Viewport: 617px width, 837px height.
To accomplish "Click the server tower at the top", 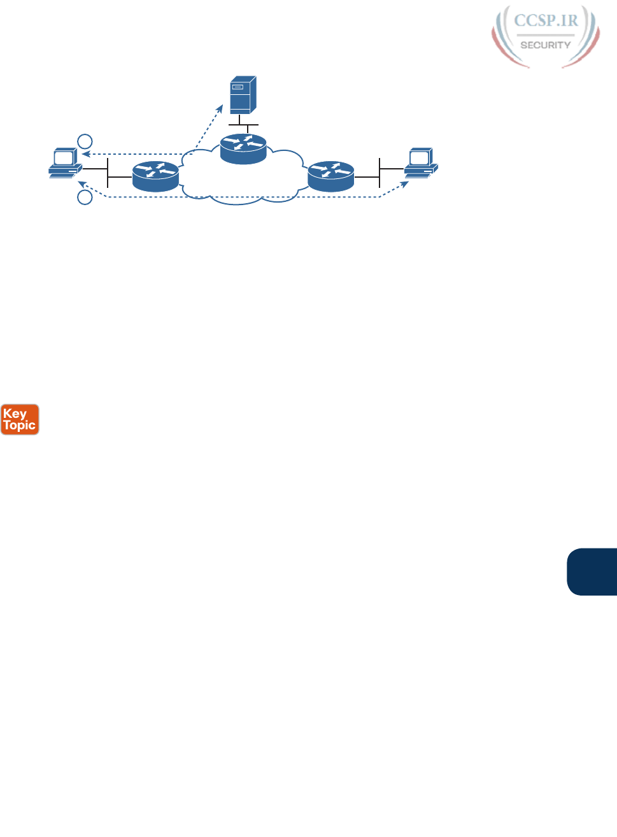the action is pos(243,95).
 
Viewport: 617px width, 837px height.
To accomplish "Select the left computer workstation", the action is pos(65,163).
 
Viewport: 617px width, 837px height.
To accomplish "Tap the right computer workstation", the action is pos(421,162).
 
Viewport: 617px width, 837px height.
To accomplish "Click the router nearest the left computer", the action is pos(156,176).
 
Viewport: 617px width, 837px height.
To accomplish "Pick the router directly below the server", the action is pos(243,149).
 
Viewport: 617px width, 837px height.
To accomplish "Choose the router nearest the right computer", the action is pos(330,176).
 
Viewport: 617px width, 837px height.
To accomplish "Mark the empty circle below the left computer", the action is pos(85,197).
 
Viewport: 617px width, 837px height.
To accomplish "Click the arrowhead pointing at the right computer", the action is pos(405,184).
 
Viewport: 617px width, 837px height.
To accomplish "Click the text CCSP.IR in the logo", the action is pos(546,20).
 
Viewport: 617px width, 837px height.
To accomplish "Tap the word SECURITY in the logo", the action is pos(546,45).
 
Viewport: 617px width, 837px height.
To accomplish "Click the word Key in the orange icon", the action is pos(15,413).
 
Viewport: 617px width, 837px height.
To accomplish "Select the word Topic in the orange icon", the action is pos(20,425).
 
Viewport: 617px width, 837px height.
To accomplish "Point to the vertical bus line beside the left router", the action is pos(108,173).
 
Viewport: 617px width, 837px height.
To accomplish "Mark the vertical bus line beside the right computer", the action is pos(379,172).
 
